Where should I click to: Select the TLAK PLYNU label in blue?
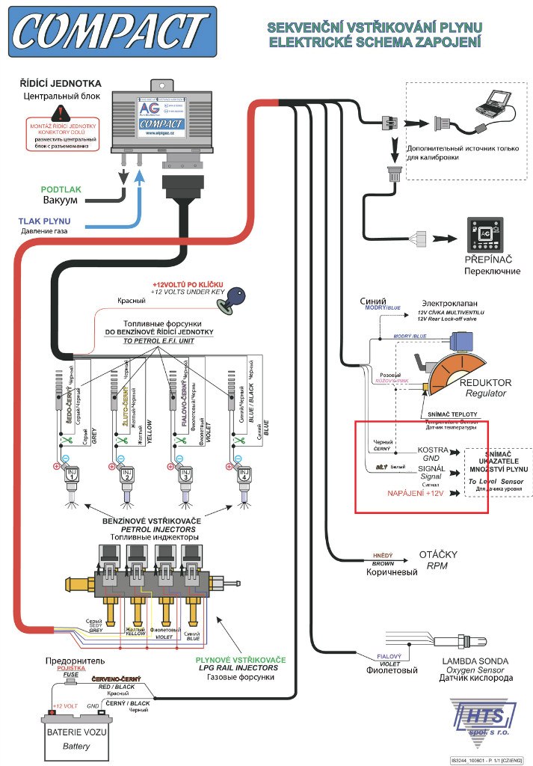point(46,221)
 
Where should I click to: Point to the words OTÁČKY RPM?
point(437,560)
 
